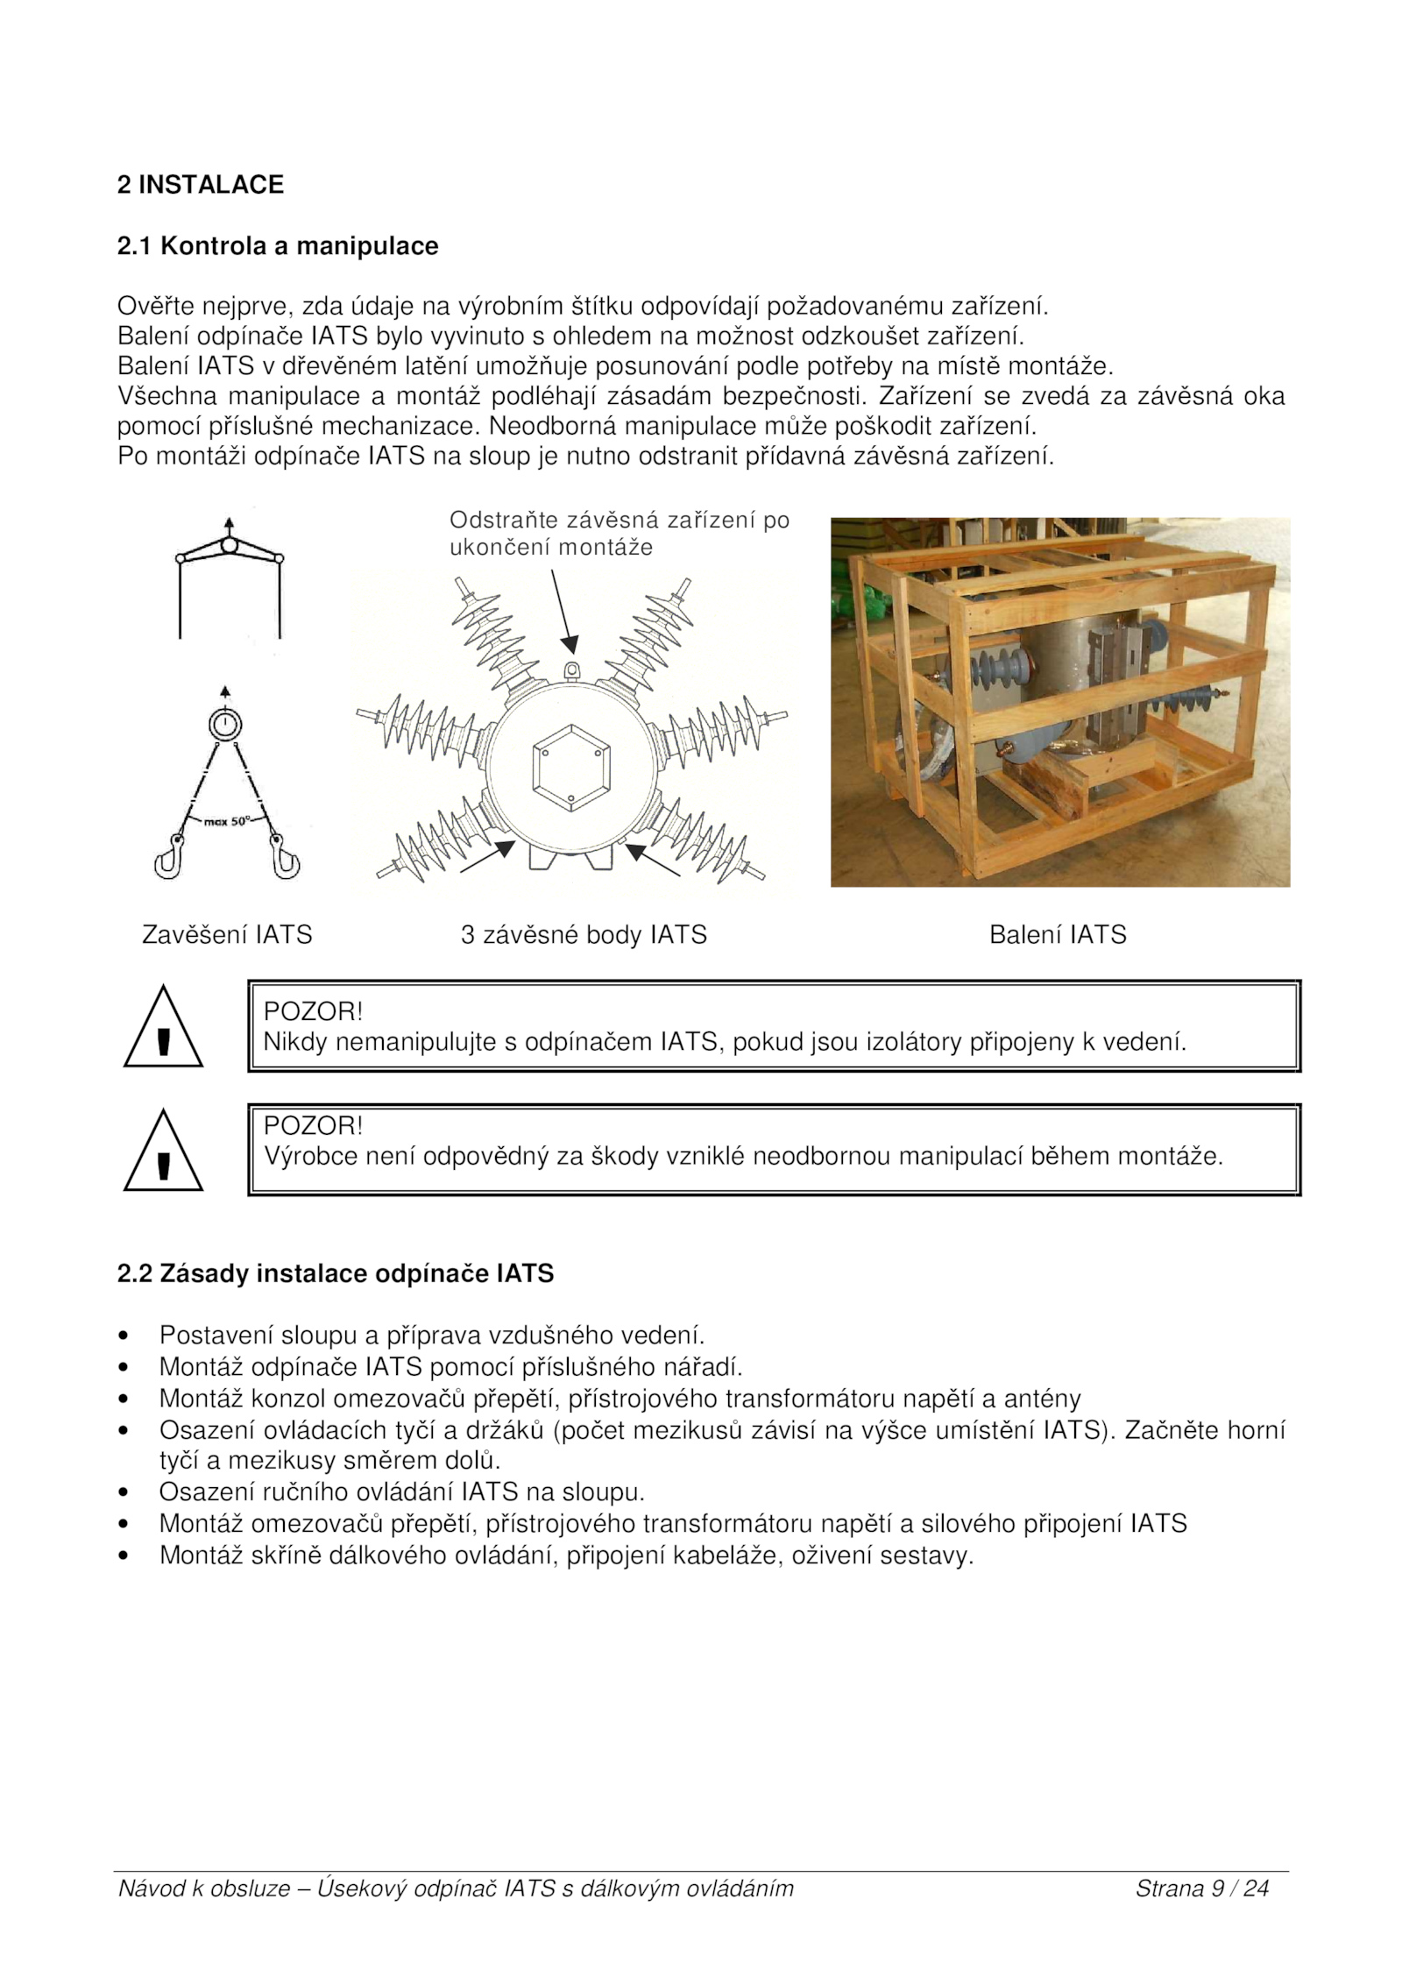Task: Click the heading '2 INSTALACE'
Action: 201,185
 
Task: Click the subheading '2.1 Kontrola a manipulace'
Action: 278,246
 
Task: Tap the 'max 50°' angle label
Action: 227,822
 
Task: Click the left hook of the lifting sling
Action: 169,857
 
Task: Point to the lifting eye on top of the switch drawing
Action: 571,670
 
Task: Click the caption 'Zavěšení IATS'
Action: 227,935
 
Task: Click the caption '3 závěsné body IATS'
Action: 584,935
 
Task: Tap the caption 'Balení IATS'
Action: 1058,935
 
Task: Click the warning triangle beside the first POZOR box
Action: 163,1029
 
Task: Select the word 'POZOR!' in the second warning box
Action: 313,1126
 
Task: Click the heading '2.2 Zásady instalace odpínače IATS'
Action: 336,1273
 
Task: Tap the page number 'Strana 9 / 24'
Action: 1202,1888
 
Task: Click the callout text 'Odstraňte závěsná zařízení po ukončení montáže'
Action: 619,534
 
